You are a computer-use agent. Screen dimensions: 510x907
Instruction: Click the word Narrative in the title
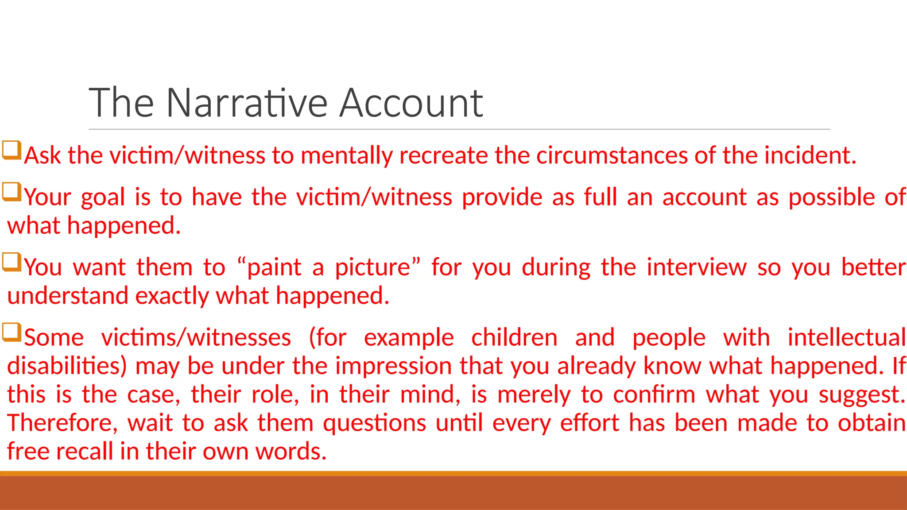246,103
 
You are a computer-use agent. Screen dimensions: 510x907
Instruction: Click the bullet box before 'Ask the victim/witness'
12,150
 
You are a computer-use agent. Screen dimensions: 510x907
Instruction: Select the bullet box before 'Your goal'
12,192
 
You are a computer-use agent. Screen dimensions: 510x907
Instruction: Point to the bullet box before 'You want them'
12,262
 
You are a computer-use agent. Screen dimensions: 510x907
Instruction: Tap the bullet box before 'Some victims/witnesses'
12,332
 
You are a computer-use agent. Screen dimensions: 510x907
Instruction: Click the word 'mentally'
346,156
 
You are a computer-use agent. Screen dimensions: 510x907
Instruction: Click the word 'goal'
103,198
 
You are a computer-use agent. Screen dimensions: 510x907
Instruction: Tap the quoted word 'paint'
274,268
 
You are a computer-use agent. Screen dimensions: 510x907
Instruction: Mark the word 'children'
514,338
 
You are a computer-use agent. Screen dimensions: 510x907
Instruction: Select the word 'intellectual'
846,338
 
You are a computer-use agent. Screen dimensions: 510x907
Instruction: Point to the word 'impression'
392,367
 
